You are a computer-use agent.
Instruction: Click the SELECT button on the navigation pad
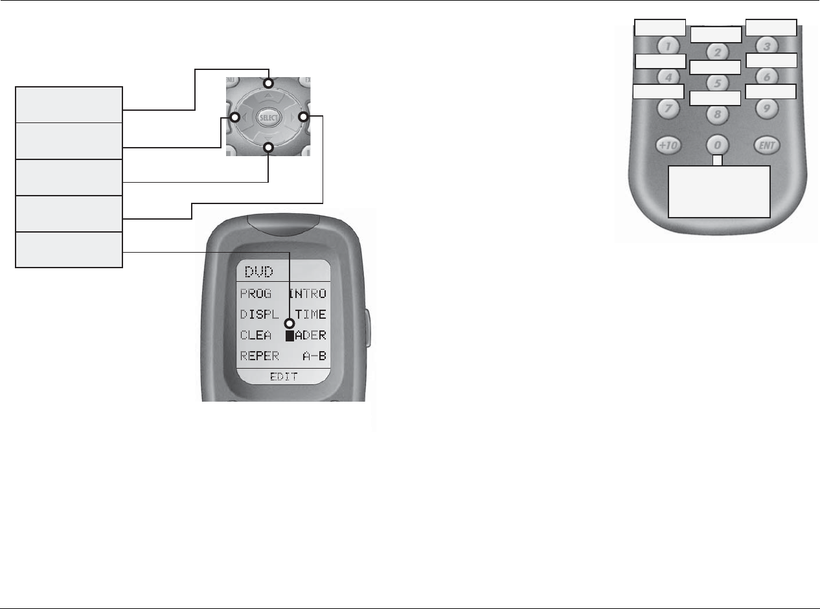coord(268,117)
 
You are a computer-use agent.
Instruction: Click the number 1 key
coord(667,47)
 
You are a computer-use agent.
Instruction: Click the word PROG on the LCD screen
coord(256,293)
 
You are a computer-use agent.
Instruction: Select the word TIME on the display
coord(311,315)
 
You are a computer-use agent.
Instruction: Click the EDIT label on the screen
coord(283,376)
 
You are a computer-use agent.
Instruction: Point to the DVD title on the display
coord(258,271)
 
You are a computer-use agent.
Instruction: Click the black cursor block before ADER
coord(290,336)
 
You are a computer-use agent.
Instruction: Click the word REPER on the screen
coord(260,356)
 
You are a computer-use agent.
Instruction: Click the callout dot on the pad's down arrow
coord(269,148)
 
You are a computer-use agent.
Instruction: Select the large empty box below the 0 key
coord(719,191)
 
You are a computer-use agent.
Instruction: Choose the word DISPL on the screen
coord(259,315)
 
